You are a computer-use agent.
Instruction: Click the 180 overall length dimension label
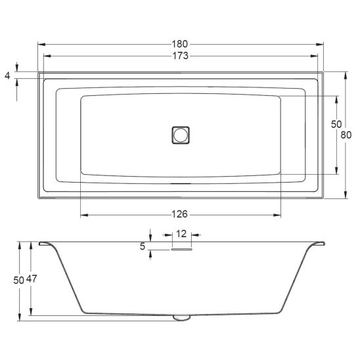(180, 44)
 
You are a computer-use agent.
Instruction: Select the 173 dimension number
(180, 56)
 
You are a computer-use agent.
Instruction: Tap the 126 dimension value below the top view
(180, 214)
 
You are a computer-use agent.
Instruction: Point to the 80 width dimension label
(346, 135)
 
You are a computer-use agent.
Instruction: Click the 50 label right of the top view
(336, 124)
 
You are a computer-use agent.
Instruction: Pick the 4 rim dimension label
(8, 76)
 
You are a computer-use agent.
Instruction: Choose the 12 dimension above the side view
(181, 234)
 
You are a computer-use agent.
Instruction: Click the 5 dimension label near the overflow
(143, 246)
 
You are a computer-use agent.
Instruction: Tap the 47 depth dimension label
(32, 279)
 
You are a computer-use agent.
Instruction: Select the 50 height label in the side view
(19, 280)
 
